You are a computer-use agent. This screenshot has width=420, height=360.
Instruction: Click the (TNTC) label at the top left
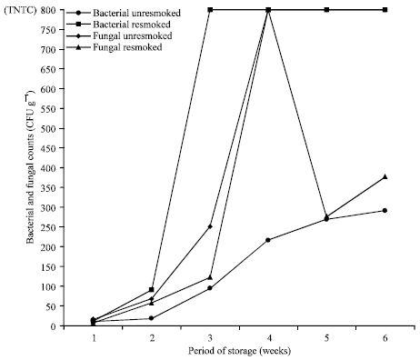click(22, 10)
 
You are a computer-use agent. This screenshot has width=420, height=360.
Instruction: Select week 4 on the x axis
click(267, 337)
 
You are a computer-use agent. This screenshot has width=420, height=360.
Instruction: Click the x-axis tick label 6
click(385, 337)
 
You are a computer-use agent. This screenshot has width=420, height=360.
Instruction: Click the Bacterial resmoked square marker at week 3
click(210, 10)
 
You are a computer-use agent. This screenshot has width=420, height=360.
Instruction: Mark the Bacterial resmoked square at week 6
click(385, 10)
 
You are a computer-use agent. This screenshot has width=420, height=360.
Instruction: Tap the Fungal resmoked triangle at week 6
click(385, 176)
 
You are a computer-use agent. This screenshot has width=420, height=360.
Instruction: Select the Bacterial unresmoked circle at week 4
click(267, 240)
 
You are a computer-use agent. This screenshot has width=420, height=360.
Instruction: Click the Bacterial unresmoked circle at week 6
click(385, 211)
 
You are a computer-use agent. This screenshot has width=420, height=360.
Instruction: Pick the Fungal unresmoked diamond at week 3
click(210, 226)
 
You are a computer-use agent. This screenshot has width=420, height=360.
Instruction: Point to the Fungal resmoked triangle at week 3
click(210, 277)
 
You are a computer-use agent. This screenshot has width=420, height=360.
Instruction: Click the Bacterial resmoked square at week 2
click(152, 290)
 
